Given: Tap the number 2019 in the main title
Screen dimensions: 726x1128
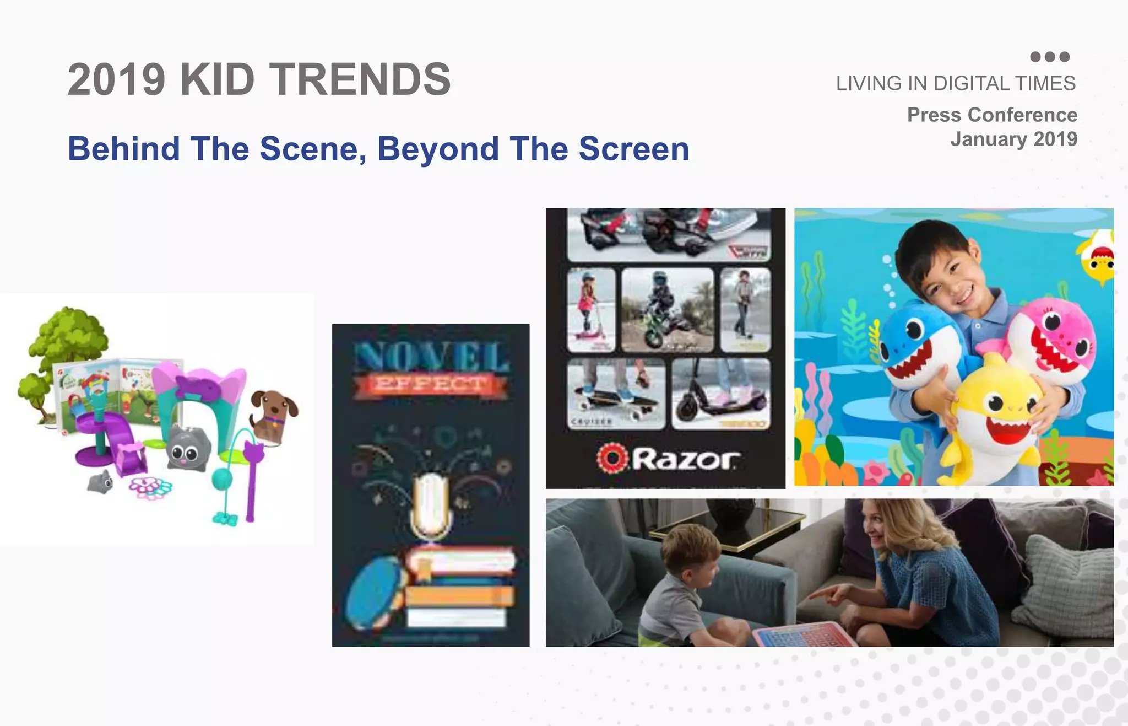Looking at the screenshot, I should [x=116, y=79].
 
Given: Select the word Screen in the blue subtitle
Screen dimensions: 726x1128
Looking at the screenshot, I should [x=633, y=149].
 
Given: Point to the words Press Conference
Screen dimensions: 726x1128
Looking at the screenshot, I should [x=992, y=115].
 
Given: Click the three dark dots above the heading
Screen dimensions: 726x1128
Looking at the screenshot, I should [x=1050, y=57].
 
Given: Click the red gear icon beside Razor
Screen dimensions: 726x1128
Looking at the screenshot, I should [x=612, y=458].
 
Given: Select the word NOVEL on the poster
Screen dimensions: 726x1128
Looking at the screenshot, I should [x=431, y=357].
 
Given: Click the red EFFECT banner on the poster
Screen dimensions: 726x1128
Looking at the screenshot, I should [x=430, y=384].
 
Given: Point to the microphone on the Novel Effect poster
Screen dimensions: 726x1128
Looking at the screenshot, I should [x=431, y=504].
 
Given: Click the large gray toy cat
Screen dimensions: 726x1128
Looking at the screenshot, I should [x=187, y=448].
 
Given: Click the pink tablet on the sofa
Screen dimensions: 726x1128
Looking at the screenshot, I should [x=801, y=635].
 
